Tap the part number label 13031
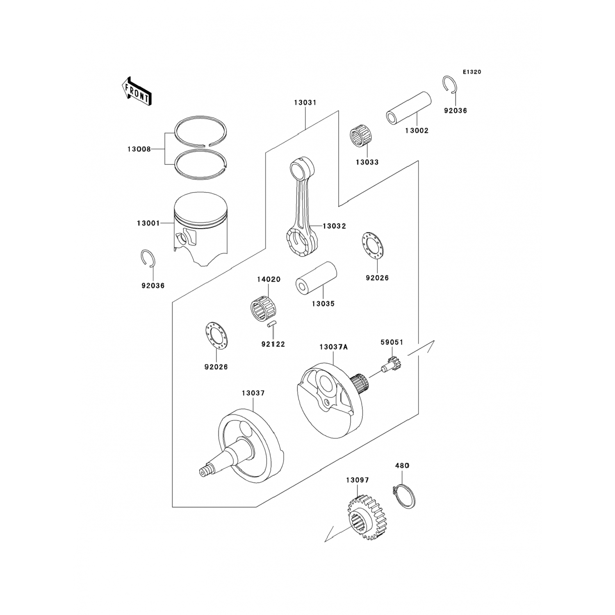[305, 102]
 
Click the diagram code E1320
[472, 72]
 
